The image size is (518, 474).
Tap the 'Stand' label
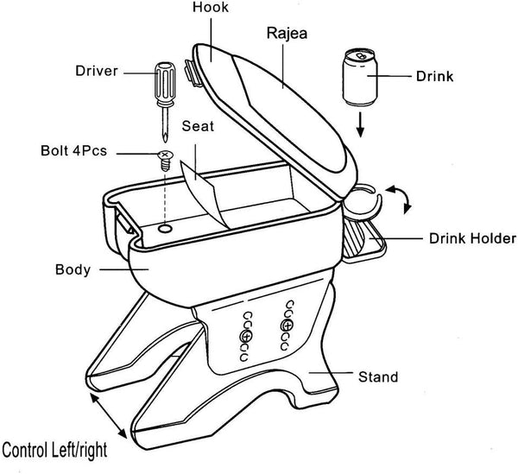tap(378, 377)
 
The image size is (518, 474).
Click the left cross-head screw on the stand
tap(246, 335)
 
